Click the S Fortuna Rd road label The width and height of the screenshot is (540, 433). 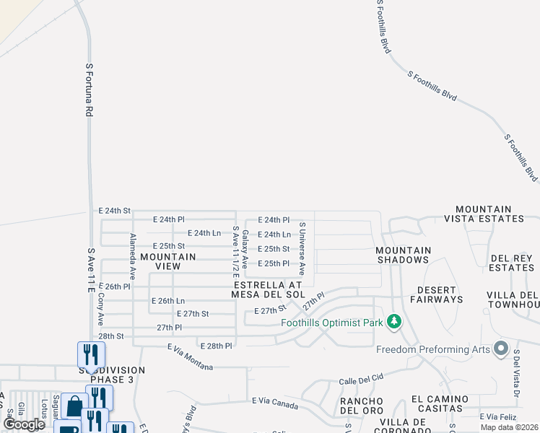coord(90,89)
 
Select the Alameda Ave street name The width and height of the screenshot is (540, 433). coord(132,256)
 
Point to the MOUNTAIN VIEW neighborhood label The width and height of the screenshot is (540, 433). coord(168,261)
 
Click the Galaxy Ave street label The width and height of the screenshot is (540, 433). coord(245,250)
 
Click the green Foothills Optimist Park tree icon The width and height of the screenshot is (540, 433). coord(394,322)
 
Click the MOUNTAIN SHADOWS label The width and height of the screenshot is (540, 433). coord(403,255)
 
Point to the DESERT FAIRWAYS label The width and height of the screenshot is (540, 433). coord(436,294)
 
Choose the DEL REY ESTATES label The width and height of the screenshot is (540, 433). coord(512,263)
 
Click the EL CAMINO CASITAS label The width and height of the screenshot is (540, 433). coord(436,403)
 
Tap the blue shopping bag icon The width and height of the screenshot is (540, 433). coord(74,406)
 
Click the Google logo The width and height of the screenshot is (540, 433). coord(24,424)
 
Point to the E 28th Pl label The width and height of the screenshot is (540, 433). coord(217,346)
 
